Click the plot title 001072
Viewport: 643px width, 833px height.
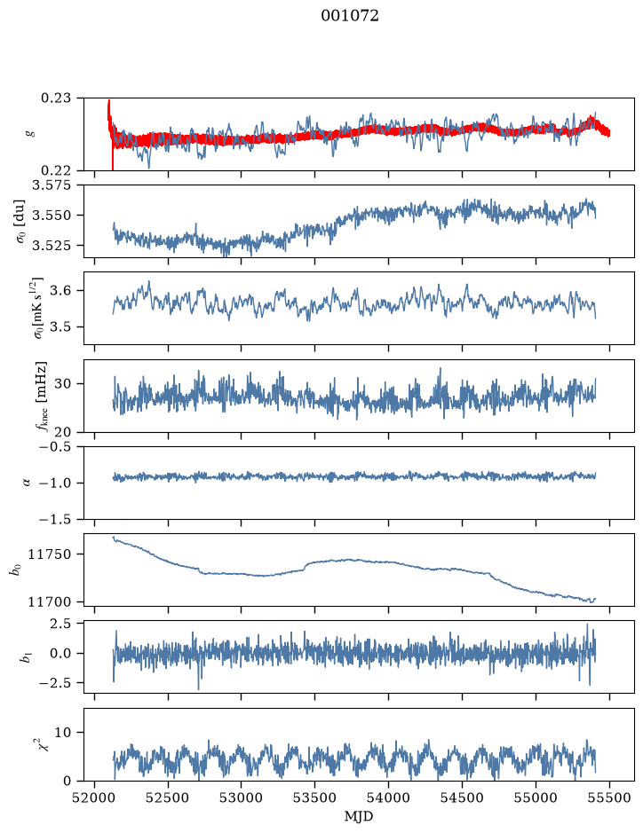click(349, 16)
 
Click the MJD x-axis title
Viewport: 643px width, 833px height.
click(359, 816)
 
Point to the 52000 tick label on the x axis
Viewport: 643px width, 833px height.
click(95, 798)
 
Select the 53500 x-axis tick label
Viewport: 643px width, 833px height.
click(315, 798)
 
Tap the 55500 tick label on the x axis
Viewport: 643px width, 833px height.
click(609, 798)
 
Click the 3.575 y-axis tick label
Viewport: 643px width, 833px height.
click(55, 185)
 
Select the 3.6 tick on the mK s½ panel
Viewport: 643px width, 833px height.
click(67, 291)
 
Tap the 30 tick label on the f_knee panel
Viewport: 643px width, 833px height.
click(70, 383)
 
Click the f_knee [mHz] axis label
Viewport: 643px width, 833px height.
click(41, 396)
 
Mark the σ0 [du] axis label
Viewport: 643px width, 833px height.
click(21, 221)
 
